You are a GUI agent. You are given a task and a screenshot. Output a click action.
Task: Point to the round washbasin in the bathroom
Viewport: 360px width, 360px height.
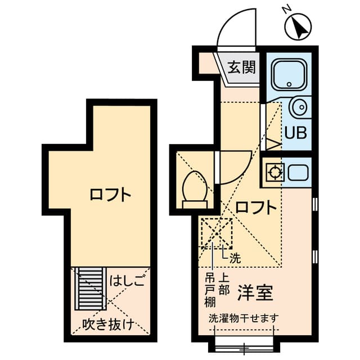point(299,106)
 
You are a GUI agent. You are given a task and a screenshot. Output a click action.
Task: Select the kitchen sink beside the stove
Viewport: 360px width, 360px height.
point(298,172)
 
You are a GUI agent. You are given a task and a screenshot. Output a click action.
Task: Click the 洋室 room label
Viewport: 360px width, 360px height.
point(255,292)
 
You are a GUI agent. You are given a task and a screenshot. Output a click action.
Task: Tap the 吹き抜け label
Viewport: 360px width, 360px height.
point(108,323)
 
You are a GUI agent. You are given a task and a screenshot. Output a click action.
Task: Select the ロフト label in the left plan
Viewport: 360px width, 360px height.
point(110,195)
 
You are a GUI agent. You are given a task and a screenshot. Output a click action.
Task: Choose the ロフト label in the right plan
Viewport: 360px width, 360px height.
point(256,208)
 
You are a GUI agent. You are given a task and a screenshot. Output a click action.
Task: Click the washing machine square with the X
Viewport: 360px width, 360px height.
point(217,233)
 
